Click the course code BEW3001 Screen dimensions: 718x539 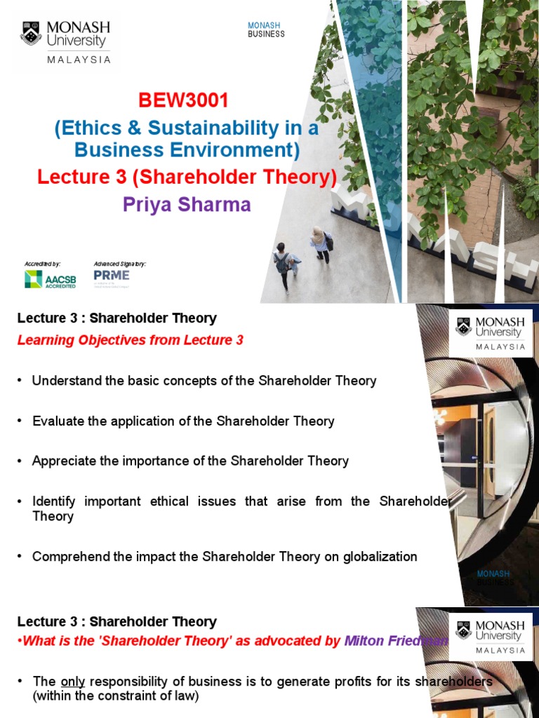[x=183, y=101]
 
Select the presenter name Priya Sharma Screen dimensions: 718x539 [x=187, y=205]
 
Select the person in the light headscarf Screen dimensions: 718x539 [x=320, y=243]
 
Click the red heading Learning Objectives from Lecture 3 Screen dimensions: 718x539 [x=130, y=341]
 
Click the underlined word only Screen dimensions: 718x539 [x=72, y=682]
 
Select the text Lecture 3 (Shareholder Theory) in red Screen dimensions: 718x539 [x=187, y=178]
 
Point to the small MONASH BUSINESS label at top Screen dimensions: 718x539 [x=266, y=29]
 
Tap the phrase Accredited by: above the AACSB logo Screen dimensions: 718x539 [x=43, y=264]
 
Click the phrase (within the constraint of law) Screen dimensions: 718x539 [x=116, y=696]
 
